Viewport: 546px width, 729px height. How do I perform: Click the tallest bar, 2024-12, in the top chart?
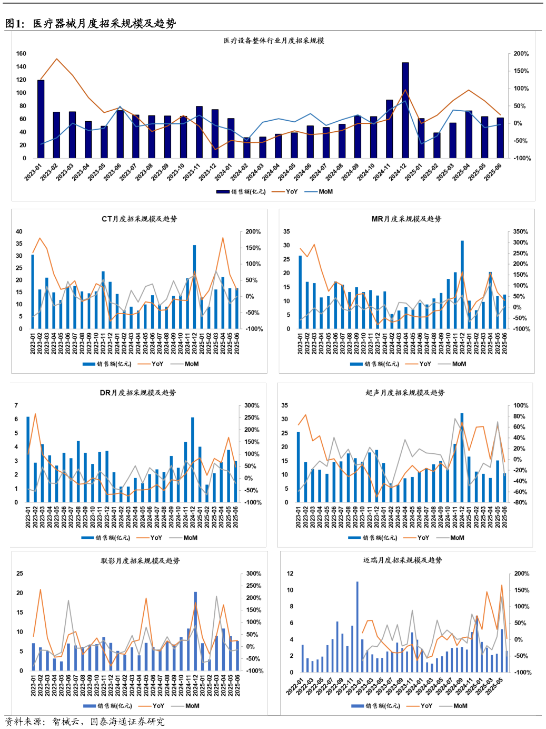[x=405, y=111]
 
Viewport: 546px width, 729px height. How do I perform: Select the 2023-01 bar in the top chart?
[x=41, y=119]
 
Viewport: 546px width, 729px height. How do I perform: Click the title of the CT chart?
[x=140, y=219]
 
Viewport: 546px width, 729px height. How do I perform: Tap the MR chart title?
[x=406, y=219]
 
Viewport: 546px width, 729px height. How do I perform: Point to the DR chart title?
[x=138, y=393]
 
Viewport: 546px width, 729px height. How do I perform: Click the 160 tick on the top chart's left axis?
[x=21, y=54]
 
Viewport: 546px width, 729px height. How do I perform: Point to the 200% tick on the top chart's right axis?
[x=521, y=54]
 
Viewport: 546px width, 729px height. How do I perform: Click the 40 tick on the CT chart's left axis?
[x=19, y=232]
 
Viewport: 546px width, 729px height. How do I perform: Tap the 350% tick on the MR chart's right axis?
[x=520, y=232]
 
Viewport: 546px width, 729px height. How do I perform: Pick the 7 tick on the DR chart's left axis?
[x=16, y=406]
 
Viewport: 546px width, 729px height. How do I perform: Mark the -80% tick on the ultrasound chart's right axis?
[x=520, y=503]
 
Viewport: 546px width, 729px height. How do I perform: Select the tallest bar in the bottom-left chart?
[x=195, y=631]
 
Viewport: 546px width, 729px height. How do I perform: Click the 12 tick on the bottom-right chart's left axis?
[x=290, y=574]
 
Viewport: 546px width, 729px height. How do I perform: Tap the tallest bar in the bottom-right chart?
[x=357, y=627]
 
